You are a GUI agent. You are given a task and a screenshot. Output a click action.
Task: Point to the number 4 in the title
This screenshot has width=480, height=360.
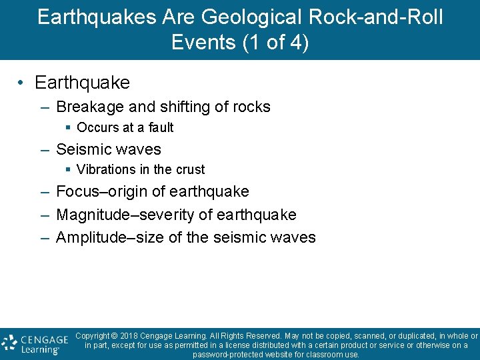pos(293,42)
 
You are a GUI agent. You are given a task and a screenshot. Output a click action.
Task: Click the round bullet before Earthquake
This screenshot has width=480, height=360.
pos(22,83)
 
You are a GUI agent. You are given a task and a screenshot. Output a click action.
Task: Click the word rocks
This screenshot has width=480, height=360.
pos(249,107)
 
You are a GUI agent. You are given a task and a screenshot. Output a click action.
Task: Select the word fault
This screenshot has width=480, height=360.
pos(161,127)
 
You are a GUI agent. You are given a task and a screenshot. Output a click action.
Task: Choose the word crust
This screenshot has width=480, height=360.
pos(189,169)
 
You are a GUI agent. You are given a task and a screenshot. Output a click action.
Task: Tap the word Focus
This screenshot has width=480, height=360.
pos(77,192)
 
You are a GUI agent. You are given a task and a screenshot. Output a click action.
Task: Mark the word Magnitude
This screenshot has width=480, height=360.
pos(91,215)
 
